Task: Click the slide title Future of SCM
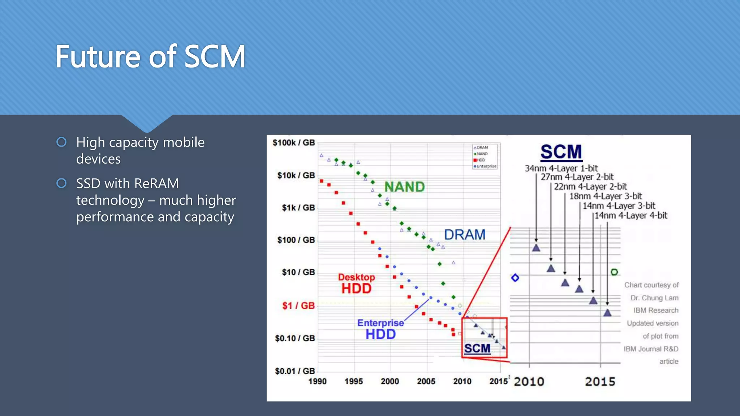150,57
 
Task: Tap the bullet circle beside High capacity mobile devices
61,142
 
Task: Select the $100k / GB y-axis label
293,143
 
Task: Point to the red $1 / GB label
298,306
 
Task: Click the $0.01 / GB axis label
294,371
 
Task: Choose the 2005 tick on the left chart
426,381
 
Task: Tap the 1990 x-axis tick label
317,381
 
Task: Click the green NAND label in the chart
404,187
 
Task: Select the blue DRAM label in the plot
464,235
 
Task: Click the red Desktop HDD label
356,283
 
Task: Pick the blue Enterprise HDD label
380,329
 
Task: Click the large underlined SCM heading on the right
561,152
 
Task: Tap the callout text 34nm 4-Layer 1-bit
561,168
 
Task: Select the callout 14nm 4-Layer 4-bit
631,216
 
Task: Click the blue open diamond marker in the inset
515,278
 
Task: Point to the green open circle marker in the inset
614,272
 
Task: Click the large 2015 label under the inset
600,382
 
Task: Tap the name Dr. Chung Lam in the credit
654,298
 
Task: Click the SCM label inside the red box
477,348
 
